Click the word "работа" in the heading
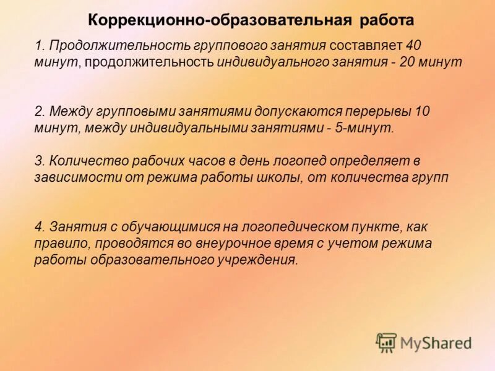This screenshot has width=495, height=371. [386, 20]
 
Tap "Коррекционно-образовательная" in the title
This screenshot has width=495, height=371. [220, 20]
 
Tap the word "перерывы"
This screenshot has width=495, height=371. [379, 112]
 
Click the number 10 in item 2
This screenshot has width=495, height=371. [422, 112]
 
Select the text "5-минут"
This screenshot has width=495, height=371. [370, 128]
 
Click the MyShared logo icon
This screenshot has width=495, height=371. [386, 343]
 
